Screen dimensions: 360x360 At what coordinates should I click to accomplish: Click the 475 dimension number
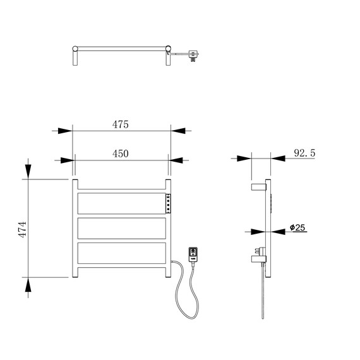(x=120, y=124)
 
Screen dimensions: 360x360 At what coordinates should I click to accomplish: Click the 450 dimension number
(x=120, y=153)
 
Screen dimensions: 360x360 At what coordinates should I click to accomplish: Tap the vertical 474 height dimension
(x=22, y=229)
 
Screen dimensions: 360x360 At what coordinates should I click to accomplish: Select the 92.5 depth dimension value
(x=304, y=153)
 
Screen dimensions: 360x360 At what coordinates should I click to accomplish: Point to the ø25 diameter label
(x=297, y=227)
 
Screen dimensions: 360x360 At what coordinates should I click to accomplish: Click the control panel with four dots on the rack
(x=168, y=203)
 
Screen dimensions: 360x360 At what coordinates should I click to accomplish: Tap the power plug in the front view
(x=193, y=255)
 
